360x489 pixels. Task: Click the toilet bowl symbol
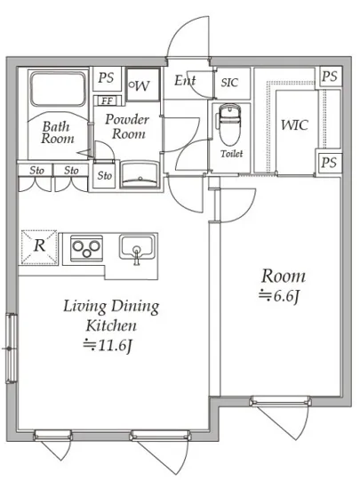(230, 124)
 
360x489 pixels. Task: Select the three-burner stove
(86, 248)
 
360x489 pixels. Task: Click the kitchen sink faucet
(137, 255)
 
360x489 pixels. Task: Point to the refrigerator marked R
(39, 247)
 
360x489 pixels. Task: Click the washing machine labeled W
(143, 84)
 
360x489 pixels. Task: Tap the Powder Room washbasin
(140, 174)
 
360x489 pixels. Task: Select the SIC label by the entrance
(229, 83)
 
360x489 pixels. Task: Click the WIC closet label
(294, 124)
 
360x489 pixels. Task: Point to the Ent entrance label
(185, 80)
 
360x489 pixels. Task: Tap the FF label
(107, 100)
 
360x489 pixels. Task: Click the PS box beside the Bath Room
(106, 77)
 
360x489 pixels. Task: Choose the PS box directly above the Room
(329, 163)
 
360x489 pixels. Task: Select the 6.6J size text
(279, 295)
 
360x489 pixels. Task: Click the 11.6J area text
(108, 345)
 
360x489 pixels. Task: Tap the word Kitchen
(111, 325)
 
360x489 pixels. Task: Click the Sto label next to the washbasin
(104, 175)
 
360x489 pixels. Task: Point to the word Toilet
(232, 154)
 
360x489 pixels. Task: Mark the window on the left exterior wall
(11, 348)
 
